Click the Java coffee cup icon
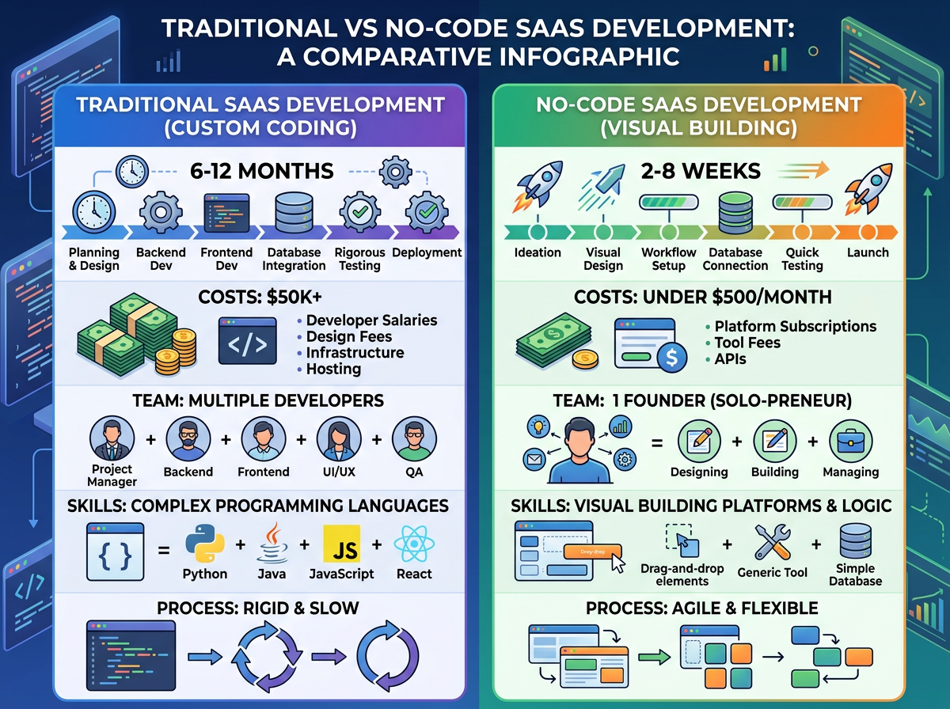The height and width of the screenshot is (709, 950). pos(272,544)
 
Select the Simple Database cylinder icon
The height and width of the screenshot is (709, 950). pos(856,540)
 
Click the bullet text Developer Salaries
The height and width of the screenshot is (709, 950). pos(371,320)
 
